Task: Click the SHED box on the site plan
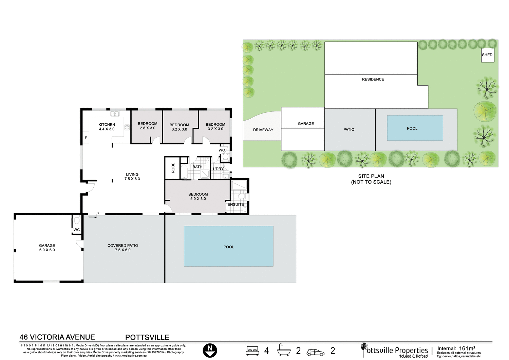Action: pyautogui.click(x=487, y=55)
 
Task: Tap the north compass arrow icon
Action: pyautogui.click(x=210, y=350)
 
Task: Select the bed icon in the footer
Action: pyautogui.click(x=252, y=351)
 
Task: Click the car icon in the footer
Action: pyautogui.click(x=315, y=353)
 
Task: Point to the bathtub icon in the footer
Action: pyautogui.click(x=284, y=350)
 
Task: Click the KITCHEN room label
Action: pyautogui.click(x=107, y=125)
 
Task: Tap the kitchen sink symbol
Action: pyautogui.click(x=115, y=114)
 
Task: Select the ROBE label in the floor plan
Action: pyautogui.click(x=173, y=168)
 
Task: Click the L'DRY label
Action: pyautogui.click(x=218, y=169)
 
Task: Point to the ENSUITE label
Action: pyautogui.click(x=235, y=204)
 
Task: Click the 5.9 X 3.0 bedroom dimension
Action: pyautogui.click(x=198, y=199)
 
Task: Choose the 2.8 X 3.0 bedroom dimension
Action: pyautogui.click(x=147, y=128)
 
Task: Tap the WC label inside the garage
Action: pyautogui.click(x=77, y=230)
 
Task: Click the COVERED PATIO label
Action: pyautogui.click(x=122, y=245)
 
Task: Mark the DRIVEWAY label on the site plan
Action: pyautogui.click(x=263, y=130)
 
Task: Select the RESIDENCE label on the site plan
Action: pyautogui.click(x=373, y=79)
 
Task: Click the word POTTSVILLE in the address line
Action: pyautogui.click(x=147, y=337)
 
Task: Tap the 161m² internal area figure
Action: pyautogui.click(x=467, y=348)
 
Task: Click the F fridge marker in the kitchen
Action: pyautogui.click(x=86, y=138)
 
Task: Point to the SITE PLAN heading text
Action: pyautogui.click(x=371, y=176)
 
